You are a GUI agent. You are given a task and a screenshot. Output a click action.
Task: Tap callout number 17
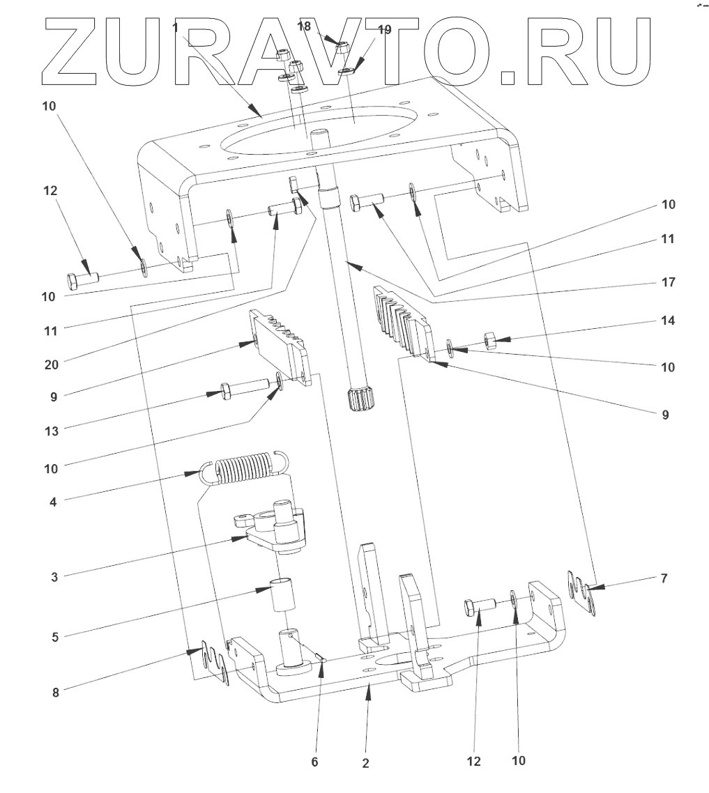click(668, 284)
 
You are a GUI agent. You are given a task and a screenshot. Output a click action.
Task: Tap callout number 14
click(668, 321)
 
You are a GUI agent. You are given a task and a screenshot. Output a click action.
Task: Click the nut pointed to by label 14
click(489, 340)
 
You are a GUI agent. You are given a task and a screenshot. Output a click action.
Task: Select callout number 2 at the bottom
click(366, 762)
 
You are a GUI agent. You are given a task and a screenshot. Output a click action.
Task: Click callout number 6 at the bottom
click(314, 762)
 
